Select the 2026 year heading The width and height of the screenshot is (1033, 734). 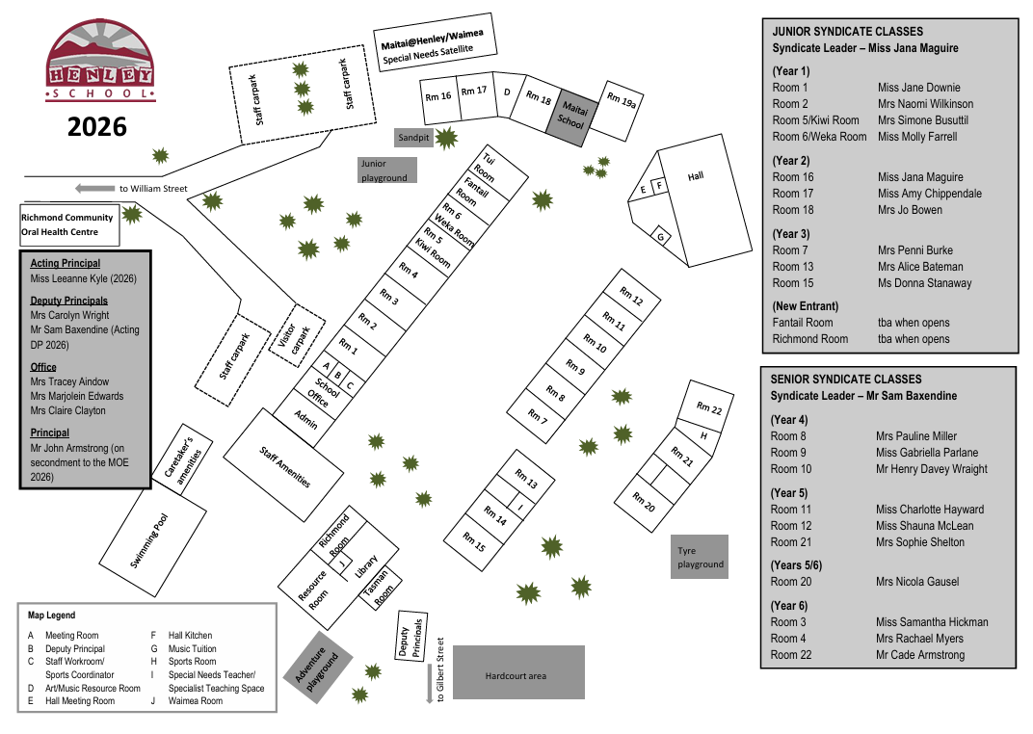(97, 126)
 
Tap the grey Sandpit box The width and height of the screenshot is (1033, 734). (414, 138)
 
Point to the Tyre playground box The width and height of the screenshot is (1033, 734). (700, 558)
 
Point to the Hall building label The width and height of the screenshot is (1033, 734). (697, 177)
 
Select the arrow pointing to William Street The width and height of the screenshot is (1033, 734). (93, 188)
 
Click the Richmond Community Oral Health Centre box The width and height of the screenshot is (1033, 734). (68, 224)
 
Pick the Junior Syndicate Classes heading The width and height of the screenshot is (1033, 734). (847, 31)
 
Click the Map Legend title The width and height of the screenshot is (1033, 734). (51, 615)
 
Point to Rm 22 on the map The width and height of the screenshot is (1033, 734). (709, 408)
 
